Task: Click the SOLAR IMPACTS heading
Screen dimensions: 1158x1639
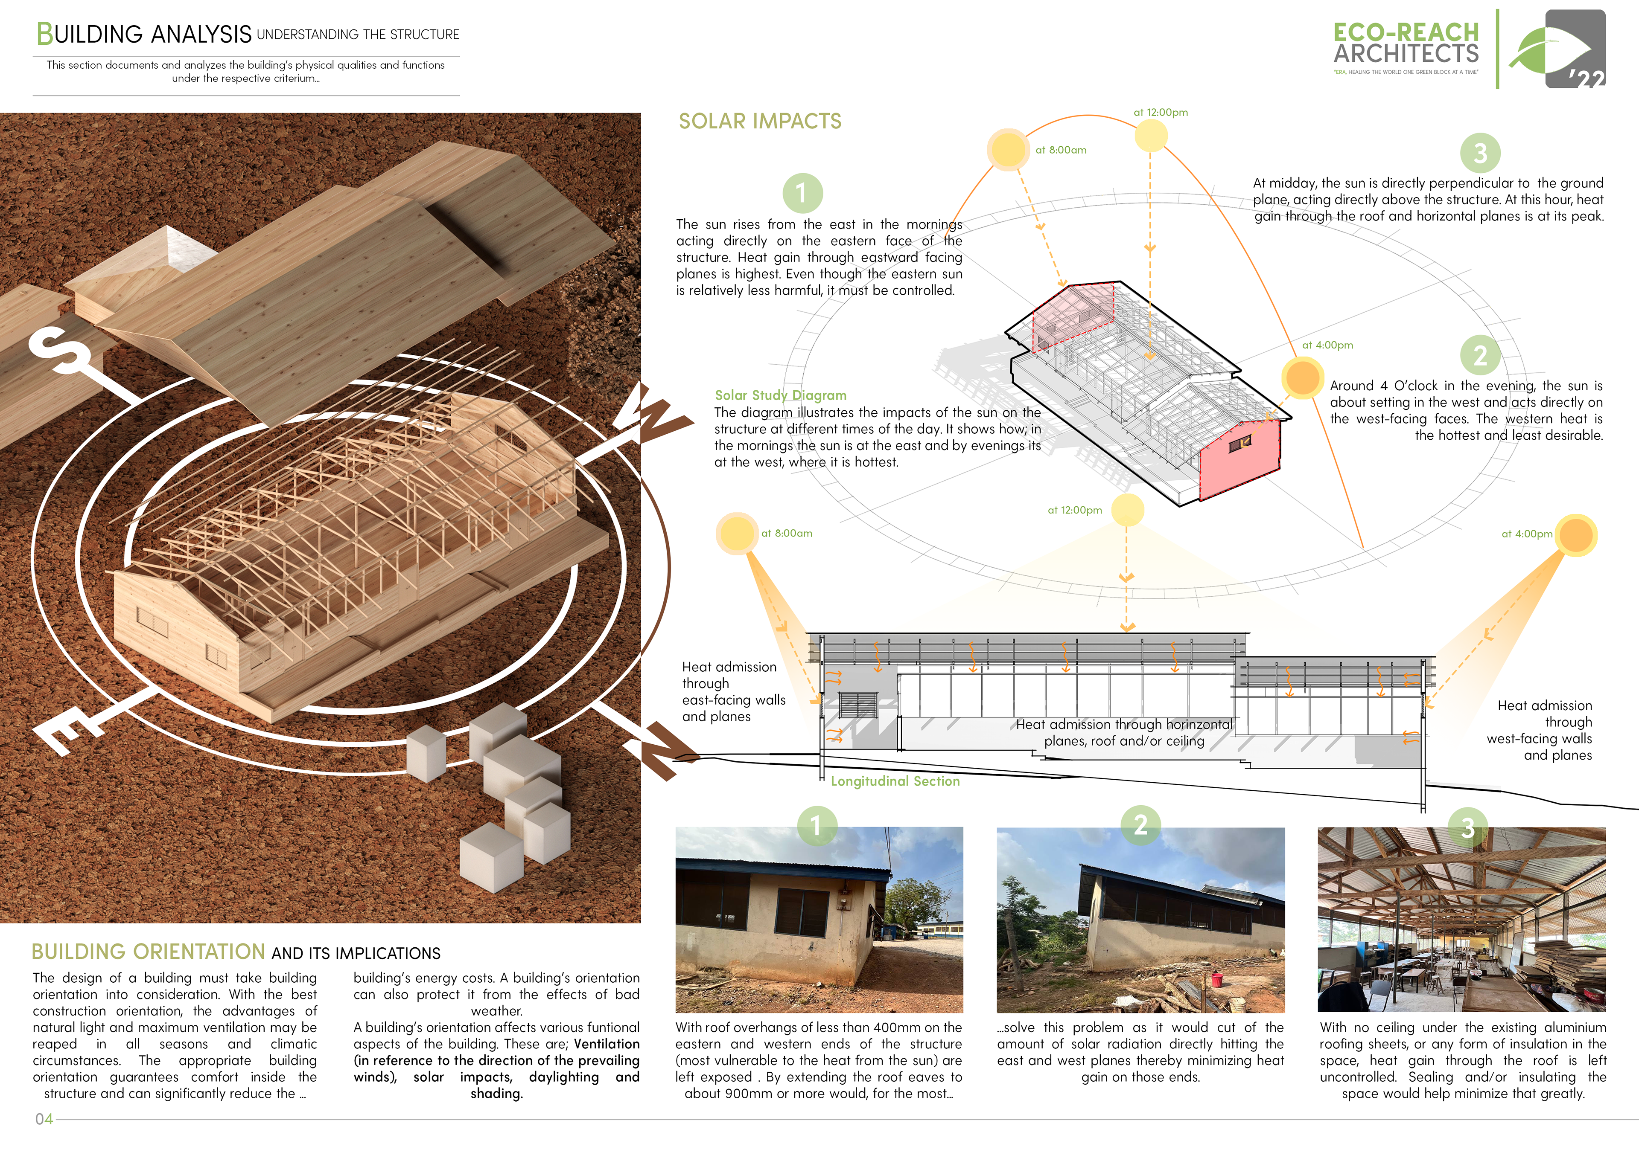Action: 760,121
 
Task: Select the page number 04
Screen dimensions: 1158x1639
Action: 44,1119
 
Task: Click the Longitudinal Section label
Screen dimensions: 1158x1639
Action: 895,781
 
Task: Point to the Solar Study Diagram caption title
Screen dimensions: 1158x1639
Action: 780,395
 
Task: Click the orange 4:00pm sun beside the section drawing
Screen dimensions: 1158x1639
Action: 1576,535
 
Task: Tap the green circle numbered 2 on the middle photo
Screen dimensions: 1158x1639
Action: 1140,825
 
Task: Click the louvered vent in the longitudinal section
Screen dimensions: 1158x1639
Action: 857,705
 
